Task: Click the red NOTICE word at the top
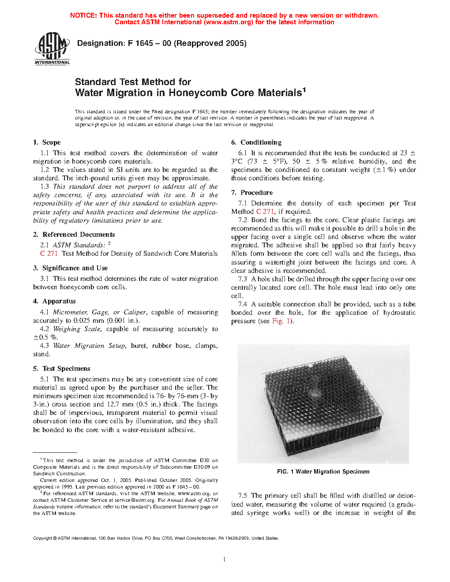pyautogui.click(x=83, y=15)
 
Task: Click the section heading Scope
pyautogui.click(x=51, y=142)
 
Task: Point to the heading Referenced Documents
pyautogui.click(x=79, y=235)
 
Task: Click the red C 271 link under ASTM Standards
pyautogui.click(x=49, y=254)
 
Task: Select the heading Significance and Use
pyautogui.click(x=75, y=268)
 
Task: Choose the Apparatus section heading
pyautogui.click(x=59, y=301)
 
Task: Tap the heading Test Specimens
pyautogui.click(x=66, y=369)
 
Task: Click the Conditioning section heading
pyautogui.click(x=261, y=142)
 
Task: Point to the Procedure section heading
pyautogui.click(x=256, y=193)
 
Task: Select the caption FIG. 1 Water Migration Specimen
pyautogui.click(x=323, y=472)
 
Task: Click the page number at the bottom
pyautogui.click(x=225, y=560)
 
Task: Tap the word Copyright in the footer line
pyautogui.click(x=42, y=538)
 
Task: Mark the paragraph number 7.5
pyautogui.click(x=242, y=496)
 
